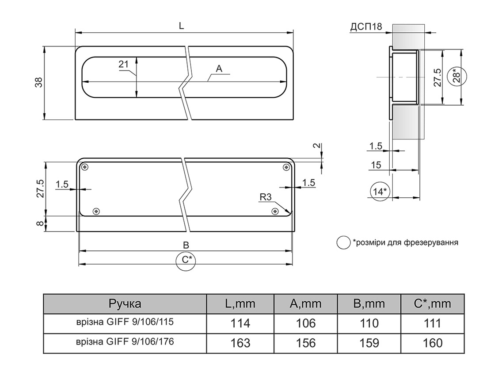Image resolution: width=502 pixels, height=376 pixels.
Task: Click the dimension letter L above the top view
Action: pyautogui.click(x=181, y=26)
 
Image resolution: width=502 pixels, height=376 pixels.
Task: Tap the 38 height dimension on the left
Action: pyautogui.click(x=39, y=83)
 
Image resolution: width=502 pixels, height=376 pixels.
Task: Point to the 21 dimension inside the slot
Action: pyautogui.click(x=124, y=64)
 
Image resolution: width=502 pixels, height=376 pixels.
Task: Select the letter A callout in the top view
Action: pyautogui.click(x=219, y=69)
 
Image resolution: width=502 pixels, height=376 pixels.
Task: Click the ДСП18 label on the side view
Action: pyautogui.click(x=366, y=27)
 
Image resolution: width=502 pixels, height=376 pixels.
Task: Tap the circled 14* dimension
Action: pyautogui.click(x=380, y=192)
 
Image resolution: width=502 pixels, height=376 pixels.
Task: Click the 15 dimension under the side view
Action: pyautogui.click(x=376, y=165)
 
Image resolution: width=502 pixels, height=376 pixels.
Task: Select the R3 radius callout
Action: pyautogui.click(x=266, y=197)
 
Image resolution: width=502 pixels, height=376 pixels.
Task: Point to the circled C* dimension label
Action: pyautogui.click(x=186, y=260)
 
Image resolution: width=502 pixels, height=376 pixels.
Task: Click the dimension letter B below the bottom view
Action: pyautogui.click(x=186, y=245)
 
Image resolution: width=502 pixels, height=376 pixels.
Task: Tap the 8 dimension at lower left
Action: pyautogui.click(x=39, y=223)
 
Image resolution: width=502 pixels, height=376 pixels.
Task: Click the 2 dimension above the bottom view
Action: pyautogui.click(x=316, y=146)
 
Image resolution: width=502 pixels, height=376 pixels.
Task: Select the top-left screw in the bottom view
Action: pyautogui.click(x=84, y=167)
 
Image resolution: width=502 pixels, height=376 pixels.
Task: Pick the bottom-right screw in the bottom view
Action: pyautogui.click(x=275, y=211)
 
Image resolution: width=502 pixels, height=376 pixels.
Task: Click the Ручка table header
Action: pyautogui.click(x=125, y=303)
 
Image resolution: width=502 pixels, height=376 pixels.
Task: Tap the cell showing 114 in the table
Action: pyautogui.click(x=240, y=323)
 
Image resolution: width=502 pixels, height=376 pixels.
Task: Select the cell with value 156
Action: pyautogui.click(x=306, y=343)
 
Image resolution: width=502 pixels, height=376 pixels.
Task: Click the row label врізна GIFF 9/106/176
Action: pyautogui.click(x=125, y=341)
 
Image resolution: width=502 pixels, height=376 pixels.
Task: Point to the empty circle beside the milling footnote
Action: pyautogui.click(x=343, y=243)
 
